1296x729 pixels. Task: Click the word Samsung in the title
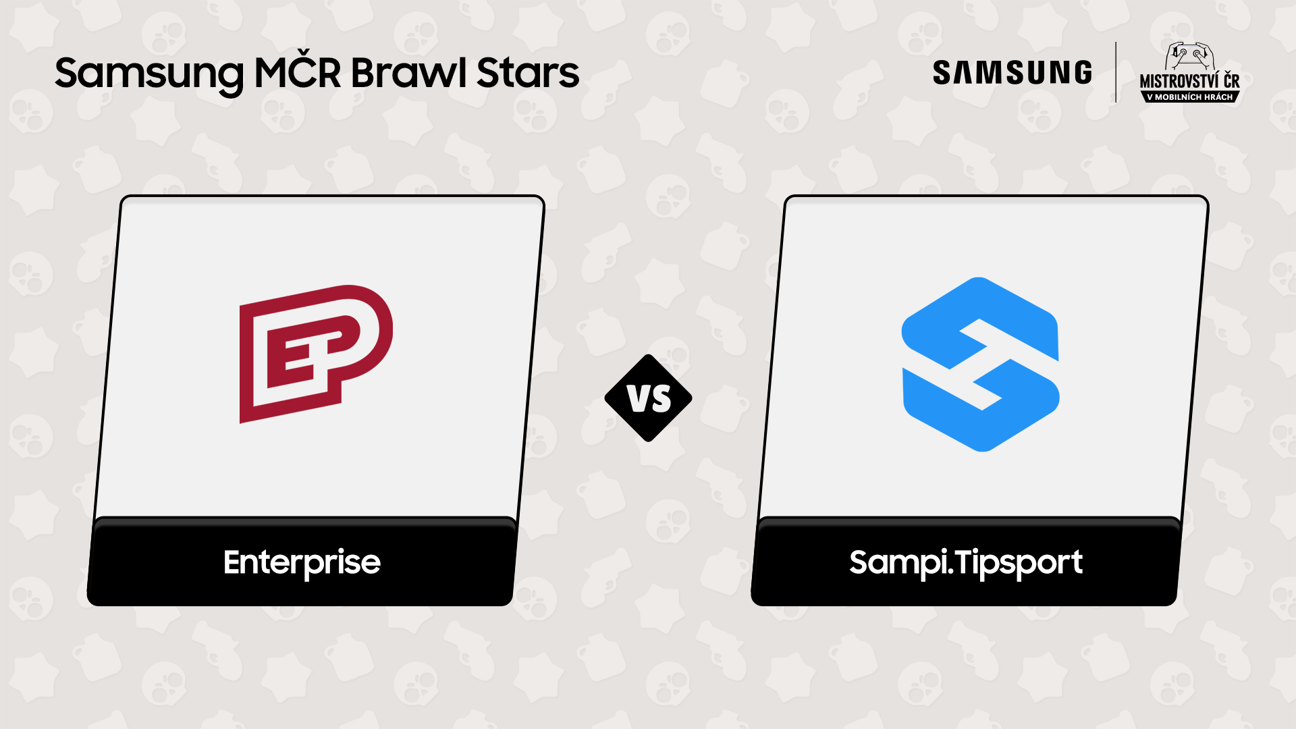pos(148,74)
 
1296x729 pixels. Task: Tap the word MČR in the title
pos(297,72)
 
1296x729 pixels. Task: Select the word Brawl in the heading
pos(408,72)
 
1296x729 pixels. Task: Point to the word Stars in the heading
pos(528,72)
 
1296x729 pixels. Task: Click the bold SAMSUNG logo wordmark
pos(1012,73)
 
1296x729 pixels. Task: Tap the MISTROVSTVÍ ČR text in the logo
pos(1189,82)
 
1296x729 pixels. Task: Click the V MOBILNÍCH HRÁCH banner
pos(1189,97)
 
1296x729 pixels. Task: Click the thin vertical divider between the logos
pos(1116,72)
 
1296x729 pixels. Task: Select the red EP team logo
pos(315,354)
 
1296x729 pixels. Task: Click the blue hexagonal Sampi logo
pos(980,364)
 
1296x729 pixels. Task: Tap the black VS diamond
pos(648,398)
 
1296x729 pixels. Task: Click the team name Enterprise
pos(302,562)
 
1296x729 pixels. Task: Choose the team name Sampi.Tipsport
pos(965,562)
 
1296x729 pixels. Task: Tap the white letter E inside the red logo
pos(298,354)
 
